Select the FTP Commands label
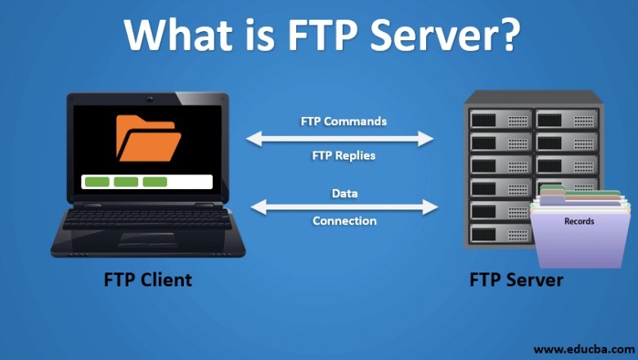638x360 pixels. (344, 121)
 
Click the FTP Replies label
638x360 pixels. (344, 155)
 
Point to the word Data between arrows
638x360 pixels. (344, 194)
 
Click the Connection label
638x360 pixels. (344, 221)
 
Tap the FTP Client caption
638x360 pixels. (148, 280)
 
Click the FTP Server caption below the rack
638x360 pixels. (516, 280)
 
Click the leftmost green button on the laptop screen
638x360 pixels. (97, 182)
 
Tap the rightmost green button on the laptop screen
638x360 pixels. (155, 182)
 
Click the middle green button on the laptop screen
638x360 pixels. (125, 182)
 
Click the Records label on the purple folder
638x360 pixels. (579, 222)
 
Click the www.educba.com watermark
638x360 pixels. (585, 349)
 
